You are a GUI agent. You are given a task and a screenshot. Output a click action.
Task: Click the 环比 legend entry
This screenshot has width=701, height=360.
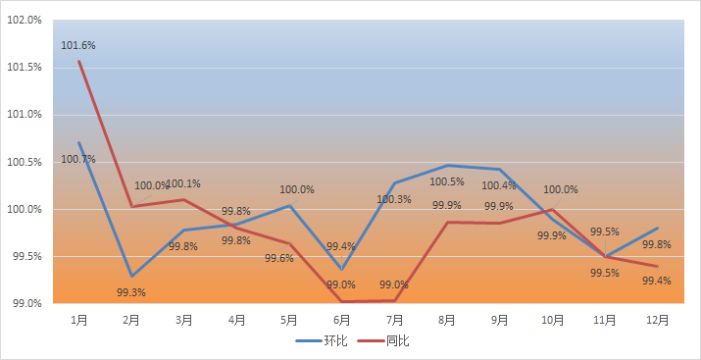pyautogui.click(x=322, y=341)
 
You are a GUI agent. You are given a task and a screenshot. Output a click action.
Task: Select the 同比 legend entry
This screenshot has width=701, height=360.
pyautogui.click(x=383, y=341)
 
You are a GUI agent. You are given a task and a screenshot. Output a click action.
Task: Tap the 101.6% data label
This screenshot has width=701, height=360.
pyautogui.click(x=78, y=45)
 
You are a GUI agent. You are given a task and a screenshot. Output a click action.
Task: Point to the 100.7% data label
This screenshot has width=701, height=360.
pyautogui.click(x=78, y=159)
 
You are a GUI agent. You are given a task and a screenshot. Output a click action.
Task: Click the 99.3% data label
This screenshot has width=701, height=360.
pyautogui.click(x=131, y=293)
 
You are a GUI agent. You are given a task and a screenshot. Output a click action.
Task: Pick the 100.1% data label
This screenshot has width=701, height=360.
pyautogui.click(x=183, y=183)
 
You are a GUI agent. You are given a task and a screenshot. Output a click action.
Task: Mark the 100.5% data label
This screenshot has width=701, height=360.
pyautogui.click(x=447, y=182)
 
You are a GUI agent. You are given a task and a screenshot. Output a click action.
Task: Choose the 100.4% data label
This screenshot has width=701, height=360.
pyautogui.click(x=499, y=185)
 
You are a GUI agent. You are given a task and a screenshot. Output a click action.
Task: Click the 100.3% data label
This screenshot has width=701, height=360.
pyautogui.click(x=394, y=199)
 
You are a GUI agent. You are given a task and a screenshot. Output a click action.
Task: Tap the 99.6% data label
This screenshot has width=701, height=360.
pyautogui.click(x=279, y=258)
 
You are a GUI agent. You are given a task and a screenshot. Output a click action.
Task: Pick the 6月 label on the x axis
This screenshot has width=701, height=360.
pyautogui.click(x=341, y=320)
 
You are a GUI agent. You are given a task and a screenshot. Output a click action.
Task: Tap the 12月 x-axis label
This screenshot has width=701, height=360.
pyautogui.click(x=657, y=320)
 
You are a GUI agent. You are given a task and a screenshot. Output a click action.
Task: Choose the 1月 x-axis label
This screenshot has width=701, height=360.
pyautogui.click(x=79, y=320)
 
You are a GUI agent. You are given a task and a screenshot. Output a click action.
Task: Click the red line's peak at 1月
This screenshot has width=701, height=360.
pyautogui.click(x=79, y=61)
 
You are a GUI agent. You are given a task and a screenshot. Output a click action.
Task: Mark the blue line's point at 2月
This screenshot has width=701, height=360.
pyautogui.click(x=131, y=276)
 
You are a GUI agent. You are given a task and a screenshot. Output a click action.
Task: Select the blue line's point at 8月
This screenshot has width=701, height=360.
pyautogui.click(x=447, y=166)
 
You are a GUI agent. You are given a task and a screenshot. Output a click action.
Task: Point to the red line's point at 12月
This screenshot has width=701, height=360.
pyautogui.click(x=657, y=266)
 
